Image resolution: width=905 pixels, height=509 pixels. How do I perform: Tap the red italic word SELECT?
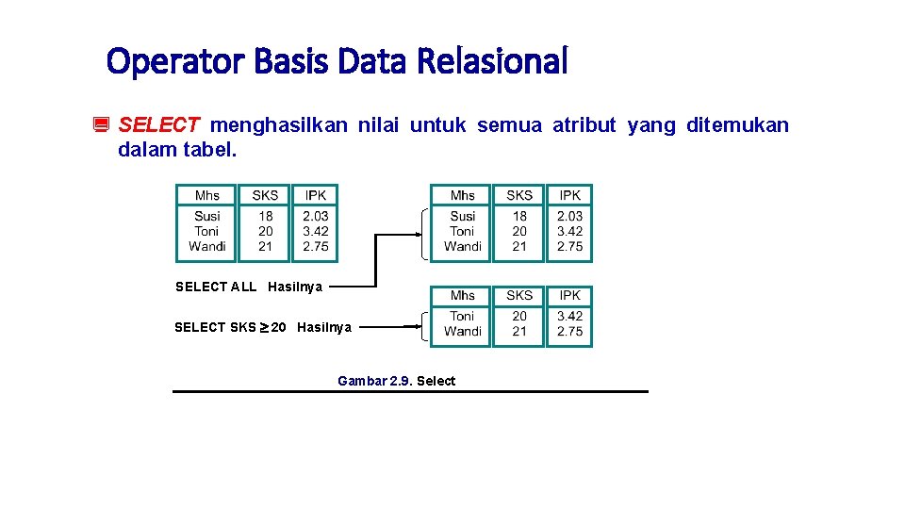tap(159, 125)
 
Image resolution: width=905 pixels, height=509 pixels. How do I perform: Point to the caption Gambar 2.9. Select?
tap(396, 381)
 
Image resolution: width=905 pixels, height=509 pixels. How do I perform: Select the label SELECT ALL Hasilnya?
tap(249, 287)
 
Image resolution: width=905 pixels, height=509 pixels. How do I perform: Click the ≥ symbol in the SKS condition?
tap(265, 327)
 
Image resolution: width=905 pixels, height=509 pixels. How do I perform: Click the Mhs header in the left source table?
tap(207, 195)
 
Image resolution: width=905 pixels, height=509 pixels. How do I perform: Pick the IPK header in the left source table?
tap(316, 195)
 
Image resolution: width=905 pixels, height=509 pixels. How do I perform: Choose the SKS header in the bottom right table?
tap(519, 295)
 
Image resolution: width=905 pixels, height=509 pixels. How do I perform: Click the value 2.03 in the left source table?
tap(316, 216)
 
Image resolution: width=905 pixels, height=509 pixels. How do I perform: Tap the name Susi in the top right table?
tap(462, 216)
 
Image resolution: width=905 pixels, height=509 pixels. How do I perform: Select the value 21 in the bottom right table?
tap(519, 331)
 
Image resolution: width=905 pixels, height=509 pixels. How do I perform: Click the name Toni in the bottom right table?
tap(462, 316)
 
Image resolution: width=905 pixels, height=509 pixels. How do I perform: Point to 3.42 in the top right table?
tap(569, 231)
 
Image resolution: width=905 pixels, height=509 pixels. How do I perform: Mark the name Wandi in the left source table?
tap(207, 246)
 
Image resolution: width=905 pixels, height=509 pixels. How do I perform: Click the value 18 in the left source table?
tap(266, 216)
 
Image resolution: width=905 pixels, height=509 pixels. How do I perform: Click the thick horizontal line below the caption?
tap(410, 391)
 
